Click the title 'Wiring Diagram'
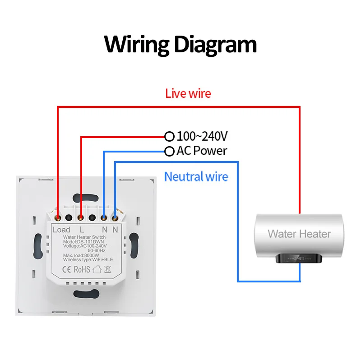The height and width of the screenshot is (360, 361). tap(180, 45)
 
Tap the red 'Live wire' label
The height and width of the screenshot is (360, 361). tap(188, 94)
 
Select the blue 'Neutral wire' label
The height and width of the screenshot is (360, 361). tap(196, 176)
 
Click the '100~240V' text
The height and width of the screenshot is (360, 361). tap(202, 136)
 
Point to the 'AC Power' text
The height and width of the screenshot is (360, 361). tap(202, 151)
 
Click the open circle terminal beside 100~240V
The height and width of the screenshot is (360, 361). tap(169, 136)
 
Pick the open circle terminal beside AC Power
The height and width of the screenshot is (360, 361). tap(169, 151)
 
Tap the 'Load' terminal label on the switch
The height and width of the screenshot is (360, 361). tap(61, 230)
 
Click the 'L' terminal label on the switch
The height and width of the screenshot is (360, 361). tap(82, 230)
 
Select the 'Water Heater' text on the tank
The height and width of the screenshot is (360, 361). tap(299, 234)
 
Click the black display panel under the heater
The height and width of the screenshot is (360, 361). tap(299, 259)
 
